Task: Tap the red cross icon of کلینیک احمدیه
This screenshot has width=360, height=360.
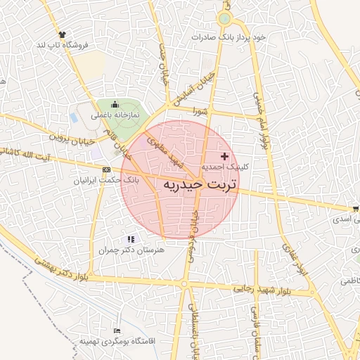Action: pos(224,155)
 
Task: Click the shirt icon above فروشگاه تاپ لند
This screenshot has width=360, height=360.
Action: pos(62,33)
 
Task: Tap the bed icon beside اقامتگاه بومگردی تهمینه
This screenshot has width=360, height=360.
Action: pos(117,331)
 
